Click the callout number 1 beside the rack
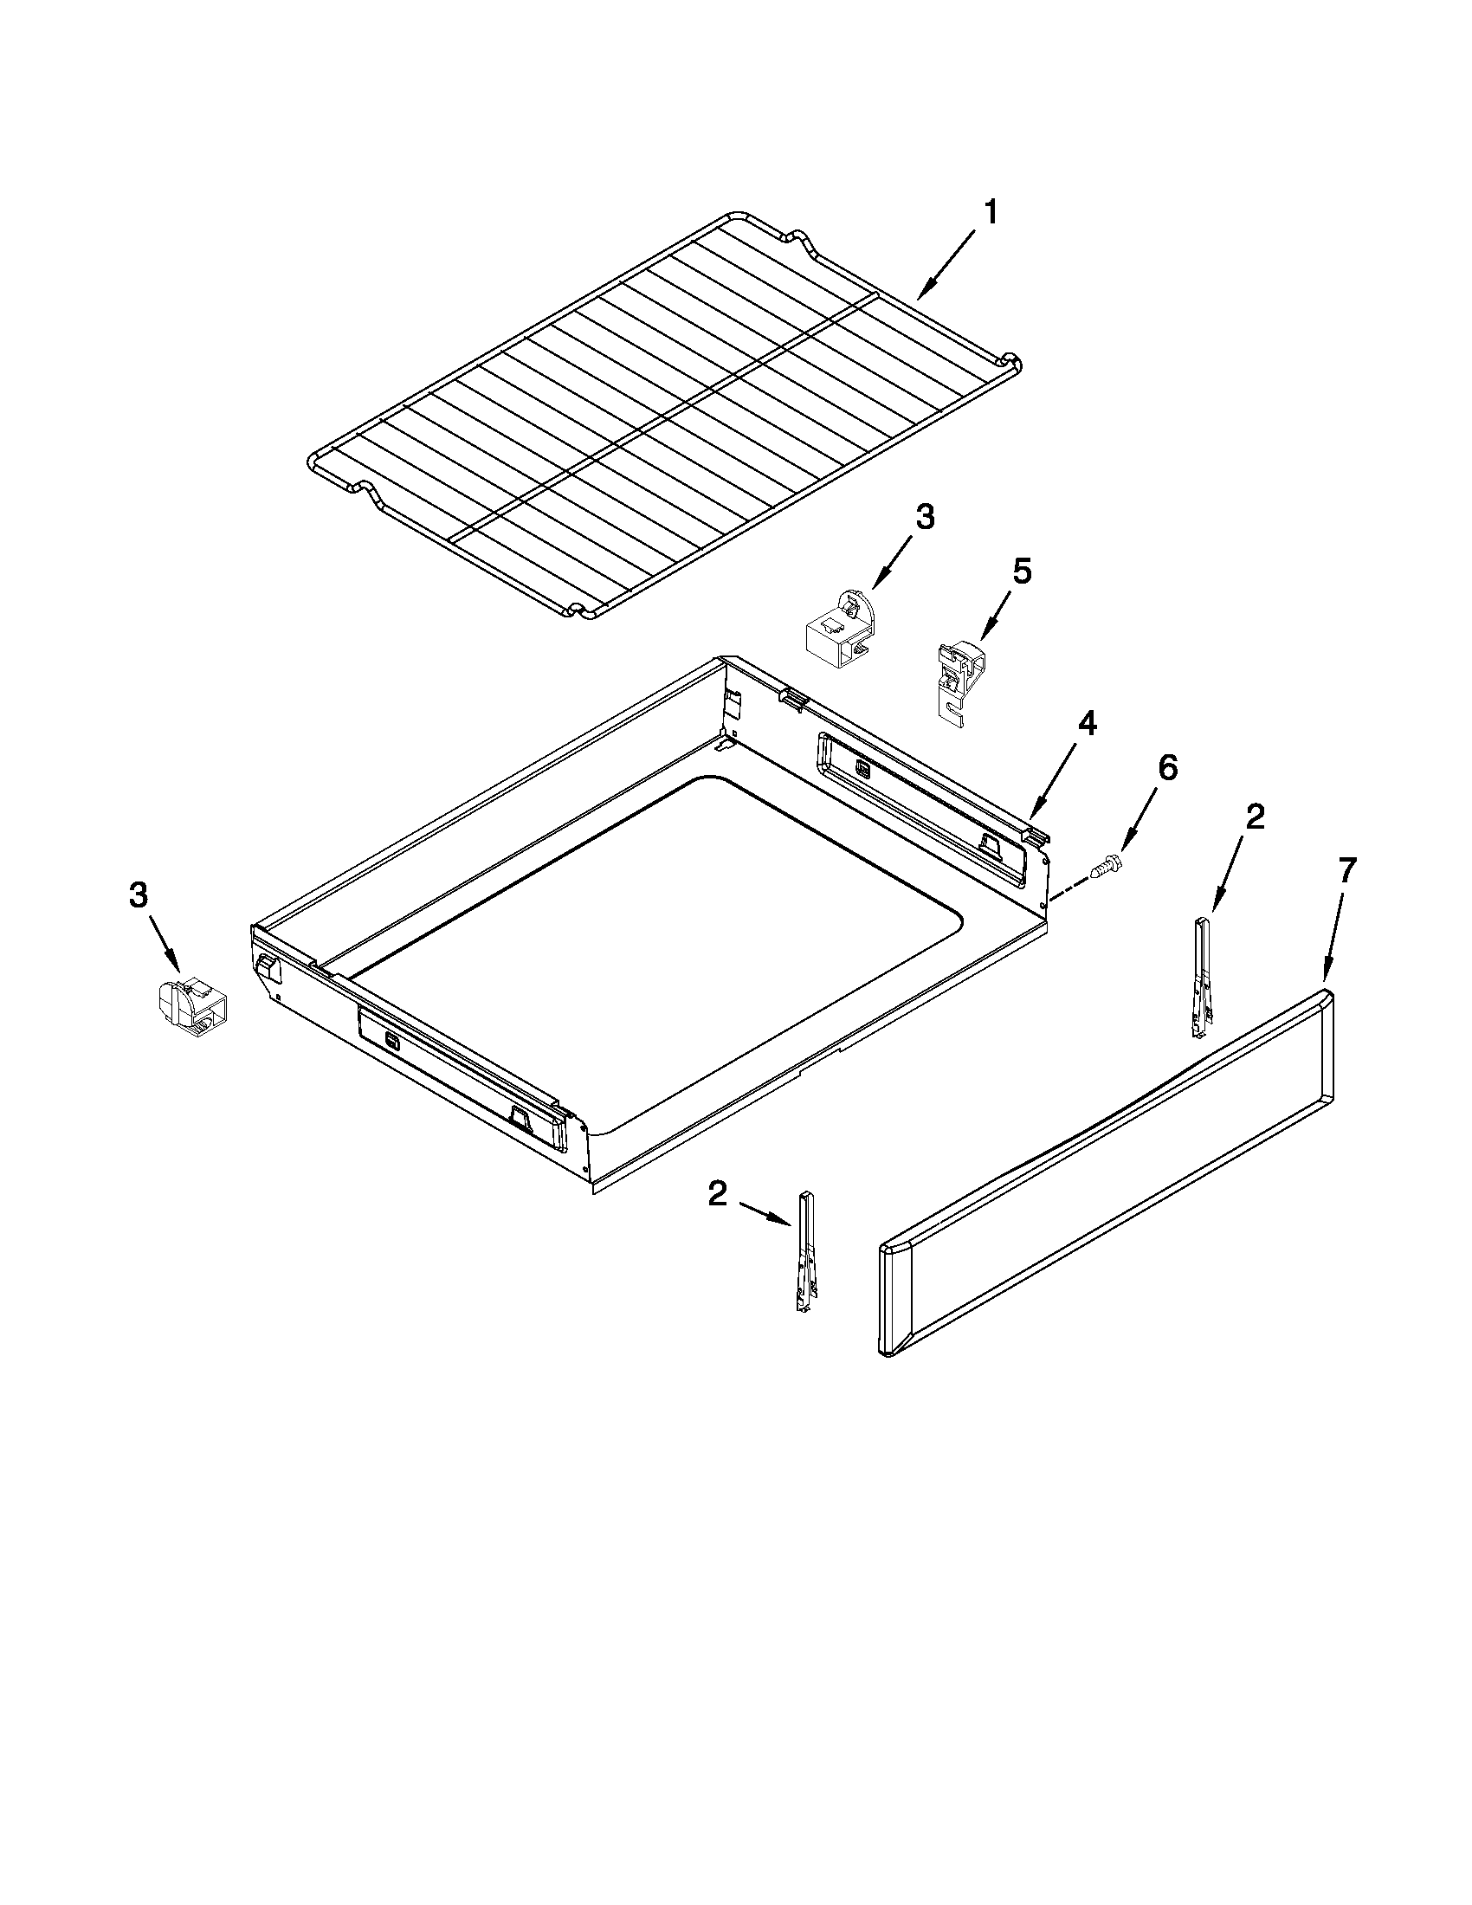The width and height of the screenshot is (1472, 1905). click(x=991, y=212)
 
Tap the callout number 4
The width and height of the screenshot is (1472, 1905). click(x=1086, y=723)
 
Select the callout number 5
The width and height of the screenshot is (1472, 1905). click(x=1021, y=571)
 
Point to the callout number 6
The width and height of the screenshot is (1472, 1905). click(x=1166, y=767)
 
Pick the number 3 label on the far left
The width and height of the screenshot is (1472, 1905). click(x=139, y=896)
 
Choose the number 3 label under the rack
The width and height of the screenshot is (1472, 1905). click(x=925, y=517)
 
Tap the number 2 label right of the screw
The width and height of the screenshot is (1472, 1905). click(x=1254, y=817)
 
